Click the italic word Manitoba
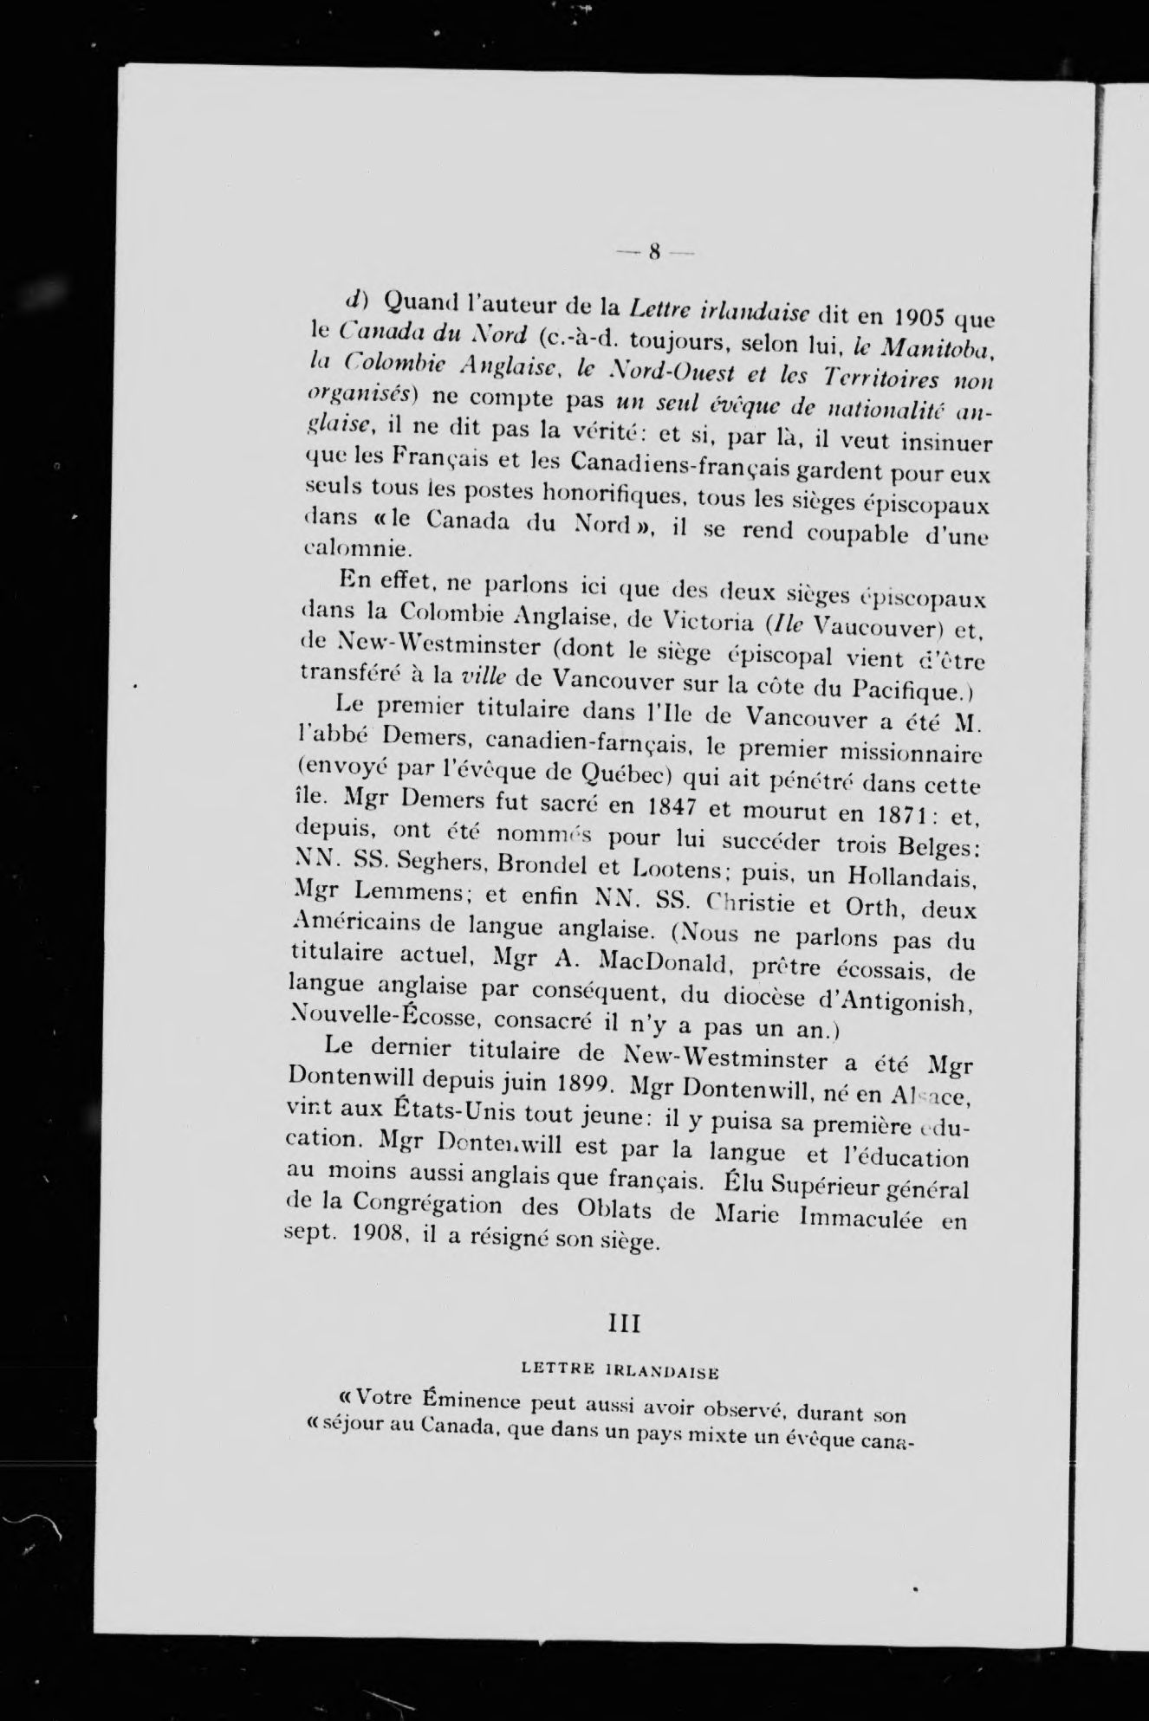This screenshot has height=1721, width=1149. point(926,351)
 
